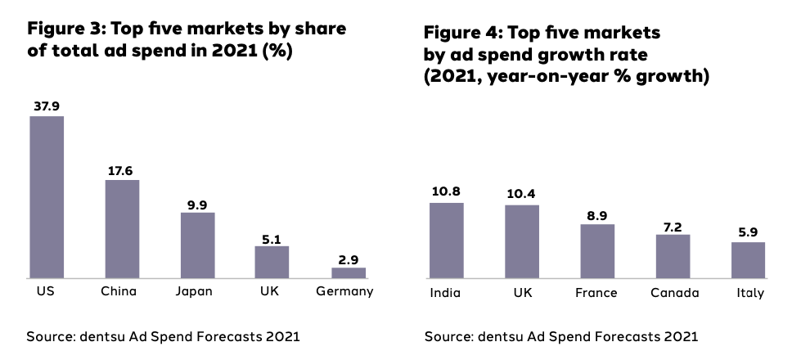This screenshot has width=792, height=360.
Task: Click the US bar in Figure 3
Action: (x=47, y=197)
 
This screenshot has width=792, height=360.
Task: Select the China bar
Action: (x=122, y=229)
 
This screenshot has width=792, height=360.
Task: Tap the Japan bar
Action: (x=197, y=245)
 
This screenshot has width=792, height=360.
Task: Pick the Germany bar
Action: (x=349, y=272)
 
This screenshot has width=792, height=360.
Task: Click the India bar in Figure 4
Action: (x=446, y=241)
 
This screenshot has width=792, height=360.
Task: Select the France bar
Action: (x=597, y=251)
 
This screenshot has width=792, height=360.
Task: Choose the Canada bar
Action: (x=673, y=256)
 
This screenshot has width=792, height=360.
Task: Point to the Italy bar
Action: (x=748, y=260)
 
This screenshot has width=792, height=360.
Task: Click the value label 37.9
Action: (x=47, y=106)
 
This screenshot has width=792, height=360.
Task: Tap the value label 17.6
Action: (x=122, y=171)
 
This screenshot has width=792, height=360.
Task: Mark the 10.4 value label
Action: (x=521, y=196)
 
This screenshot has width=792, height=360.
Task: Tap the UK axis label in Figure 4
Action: (x=521, y=293)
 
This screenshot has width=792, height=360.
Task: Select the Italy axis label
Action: (x=748, y=293)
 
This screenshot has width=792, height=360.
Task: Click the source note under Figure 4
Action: (x=561, y=336)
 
